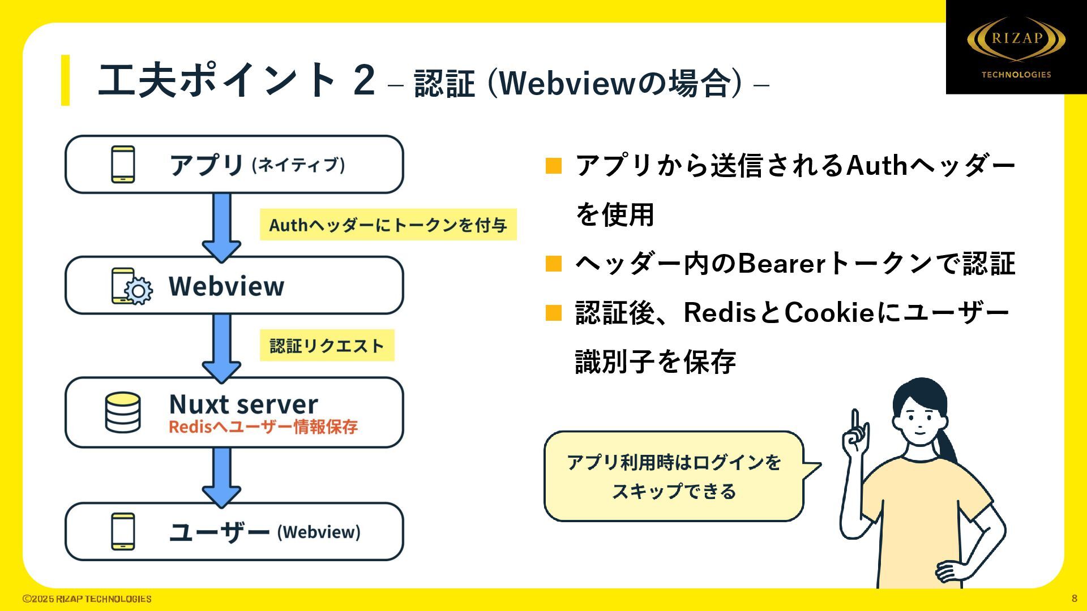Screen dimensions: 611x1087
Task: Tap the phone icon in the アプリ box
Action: (123, 165)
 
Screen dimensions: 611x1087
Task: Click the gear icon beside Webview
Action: (138, 291)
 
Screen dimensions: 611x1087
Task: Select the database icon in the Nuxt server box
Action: (123, 412)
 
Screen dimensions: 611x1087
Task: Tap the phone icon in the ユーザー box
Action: (123, 531)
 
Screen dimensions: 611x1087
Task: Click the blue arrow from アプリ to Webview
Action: (221, 226)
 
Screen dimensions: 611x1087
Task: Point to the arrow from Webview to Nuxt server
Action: (221, 347)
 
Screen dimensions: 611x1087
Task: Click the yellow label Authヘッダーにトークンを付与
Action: (388, 225)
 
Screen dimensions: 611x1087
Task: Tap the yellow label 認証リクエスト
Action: (327, 346)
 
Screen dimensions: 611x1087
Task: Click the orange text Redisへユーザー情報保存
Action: (263, 427)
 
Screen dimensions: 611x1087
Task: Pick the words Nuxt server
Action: (243, 404)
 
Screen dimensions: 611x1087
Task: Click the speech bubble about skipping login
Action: (674, 476)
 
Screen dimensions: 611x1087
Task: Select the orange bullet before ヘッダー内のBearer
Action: (553, 264)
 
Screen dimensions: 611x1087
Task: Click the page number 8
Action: (1074, 599)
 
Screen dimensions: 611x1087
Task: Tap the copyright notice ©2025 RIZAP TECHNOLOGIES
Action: (87, 599)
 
